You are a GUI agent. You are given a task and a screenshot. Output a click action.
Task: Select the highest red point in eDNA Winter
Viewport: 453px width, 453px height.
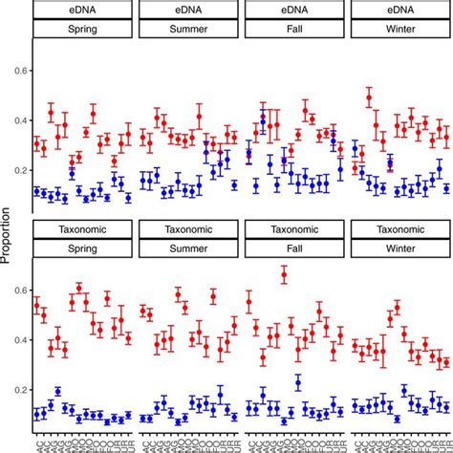pyautogui.click(x=369, y=97)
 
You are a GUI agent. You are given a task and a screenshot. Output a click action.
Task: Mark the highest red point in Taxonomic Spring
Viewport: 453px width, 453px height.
pyautogui.click(x=78, y=288)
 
